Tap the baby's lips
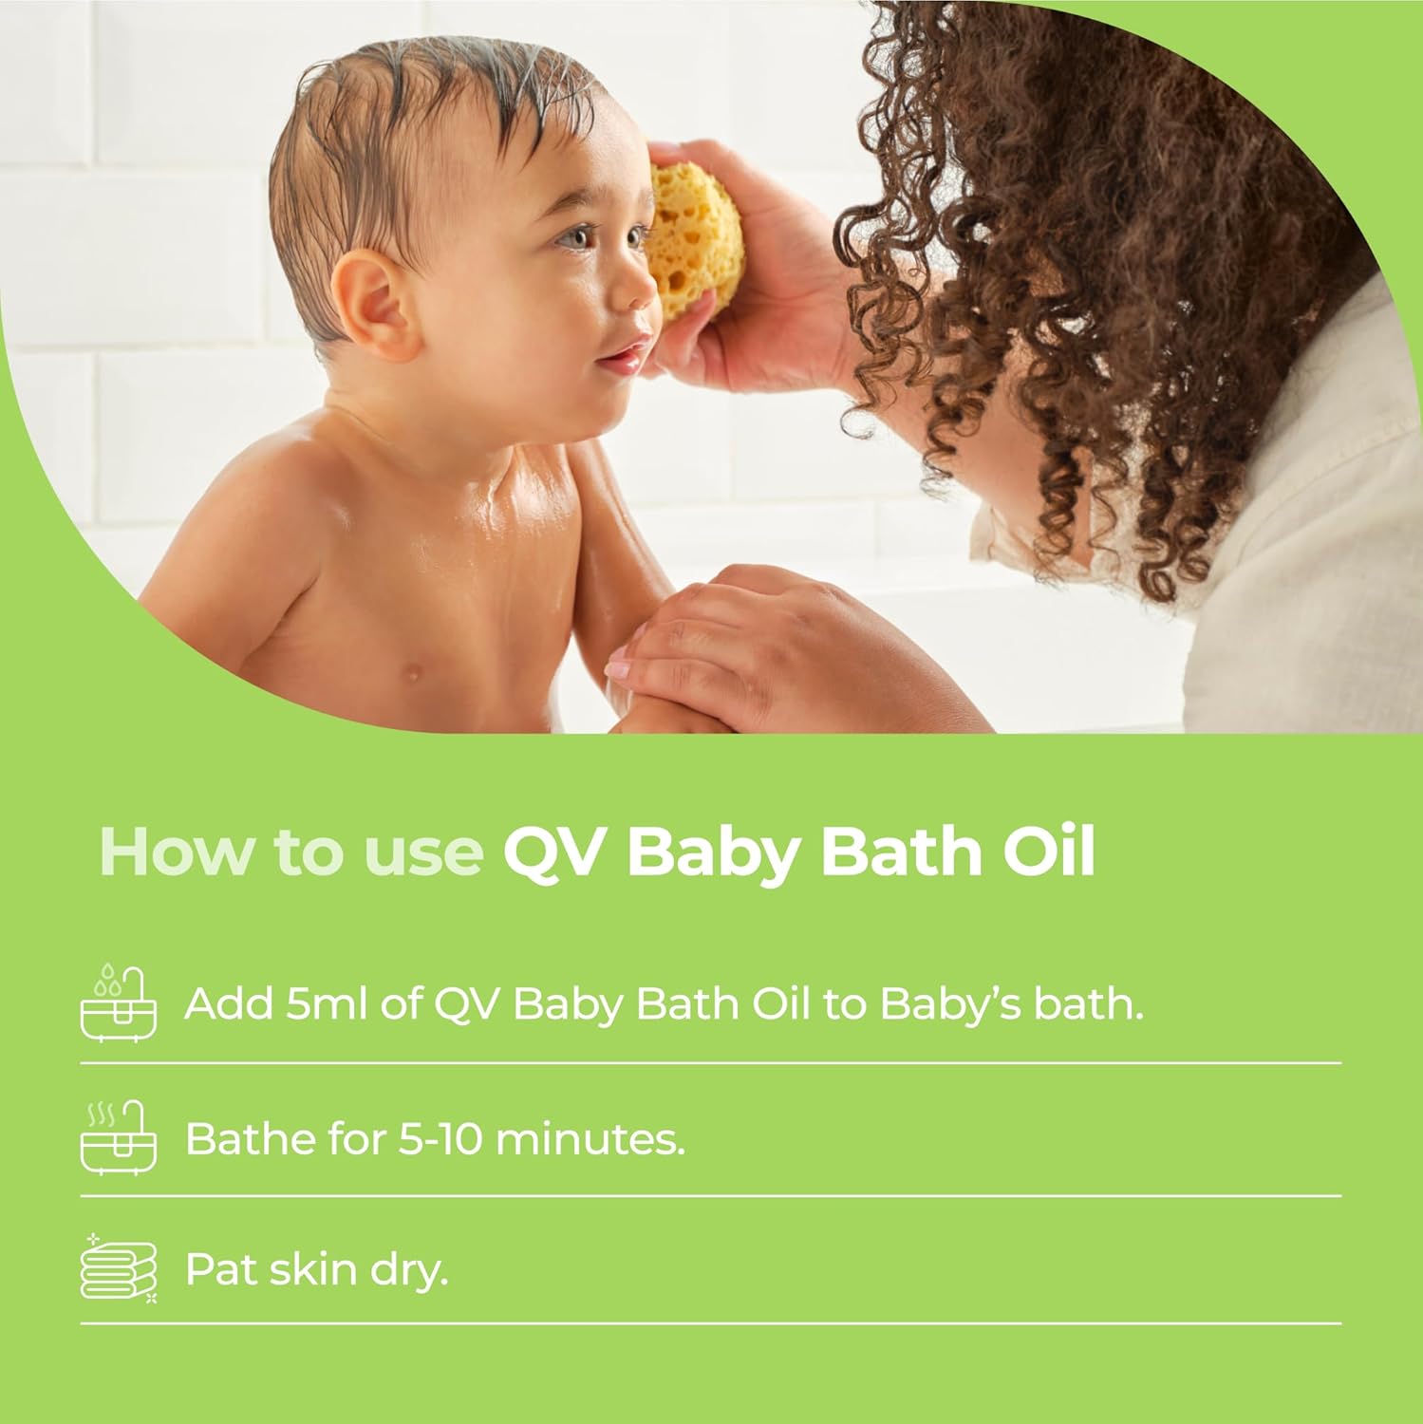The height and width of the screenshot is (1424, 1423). pos(623,358)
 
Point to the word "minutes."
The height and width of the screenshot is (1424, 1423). pos(590,1137)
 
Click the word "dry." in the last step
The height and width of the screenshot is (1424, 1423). pos(409,1271)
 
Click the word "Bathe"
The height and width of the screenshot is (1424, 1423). pos(249,1137)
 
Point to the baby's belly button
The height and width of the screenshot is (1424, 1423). pos(411,672)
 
